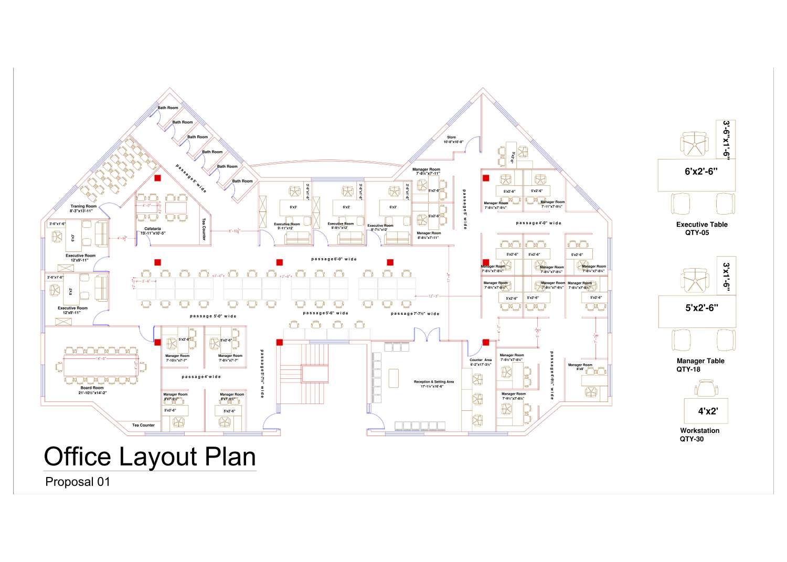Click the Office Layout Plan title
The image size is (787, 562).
click(x=150, y=457)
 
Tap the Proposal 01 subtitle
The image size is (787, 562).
click(x=78, y=482)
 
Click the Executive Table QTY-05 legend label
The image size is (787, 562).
click(x=701, y=228)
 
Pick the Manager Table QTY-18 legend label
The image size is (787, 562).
click(x=700, y=365)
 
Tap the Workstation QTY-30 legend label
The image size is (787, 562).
click(x=699, y=434)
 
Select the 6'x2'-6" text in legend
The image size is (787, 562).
click(x=700, y=171)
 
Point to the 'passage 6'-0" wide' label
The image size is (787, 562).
click(x=334, y=259)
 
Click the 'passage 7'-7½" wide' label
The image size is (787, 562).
click(x=415, y=314)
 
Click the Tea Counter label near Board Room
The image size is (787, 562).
click(x=143, y=425)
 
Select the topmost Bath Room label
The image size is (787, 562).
click(x=168, y=108)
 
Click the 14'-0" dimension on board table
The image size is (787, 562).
click(x=101, y=359)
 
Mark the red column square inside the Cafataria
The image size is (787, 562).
click(x=157, y=178)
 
